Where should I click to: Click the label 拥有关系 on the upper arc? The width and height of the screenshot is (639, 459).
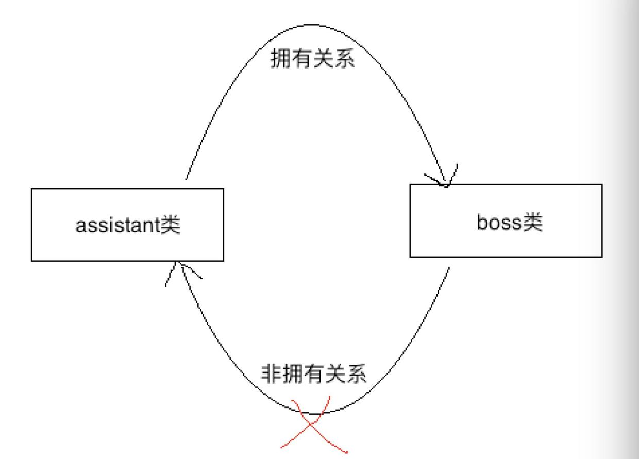(313, 59)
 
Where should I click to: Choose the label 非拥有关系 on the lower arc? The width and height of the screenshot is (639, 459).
(314, 373)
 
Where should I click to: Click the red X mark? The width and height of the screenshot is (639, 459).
(312, 424)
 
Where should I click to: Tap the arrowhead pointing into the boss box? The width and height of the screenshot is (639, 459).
(444, 180)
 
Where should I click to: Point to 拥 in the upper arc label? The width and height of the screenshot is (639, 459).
(281, 59)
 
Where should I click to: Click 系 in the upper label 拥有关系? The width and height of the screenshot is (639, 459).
(345, 59)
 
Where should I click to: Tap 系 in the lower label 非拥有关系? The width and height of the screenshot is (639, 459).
(357, 373)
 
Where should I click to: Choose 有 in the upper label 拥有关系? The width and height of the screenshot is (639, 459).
(302, 59)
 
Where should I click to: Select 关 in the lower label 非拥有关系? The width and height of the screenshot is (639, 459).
(335, 373)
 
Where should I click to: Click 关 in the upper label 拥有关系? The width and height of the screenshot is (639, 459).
(324, 59)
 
